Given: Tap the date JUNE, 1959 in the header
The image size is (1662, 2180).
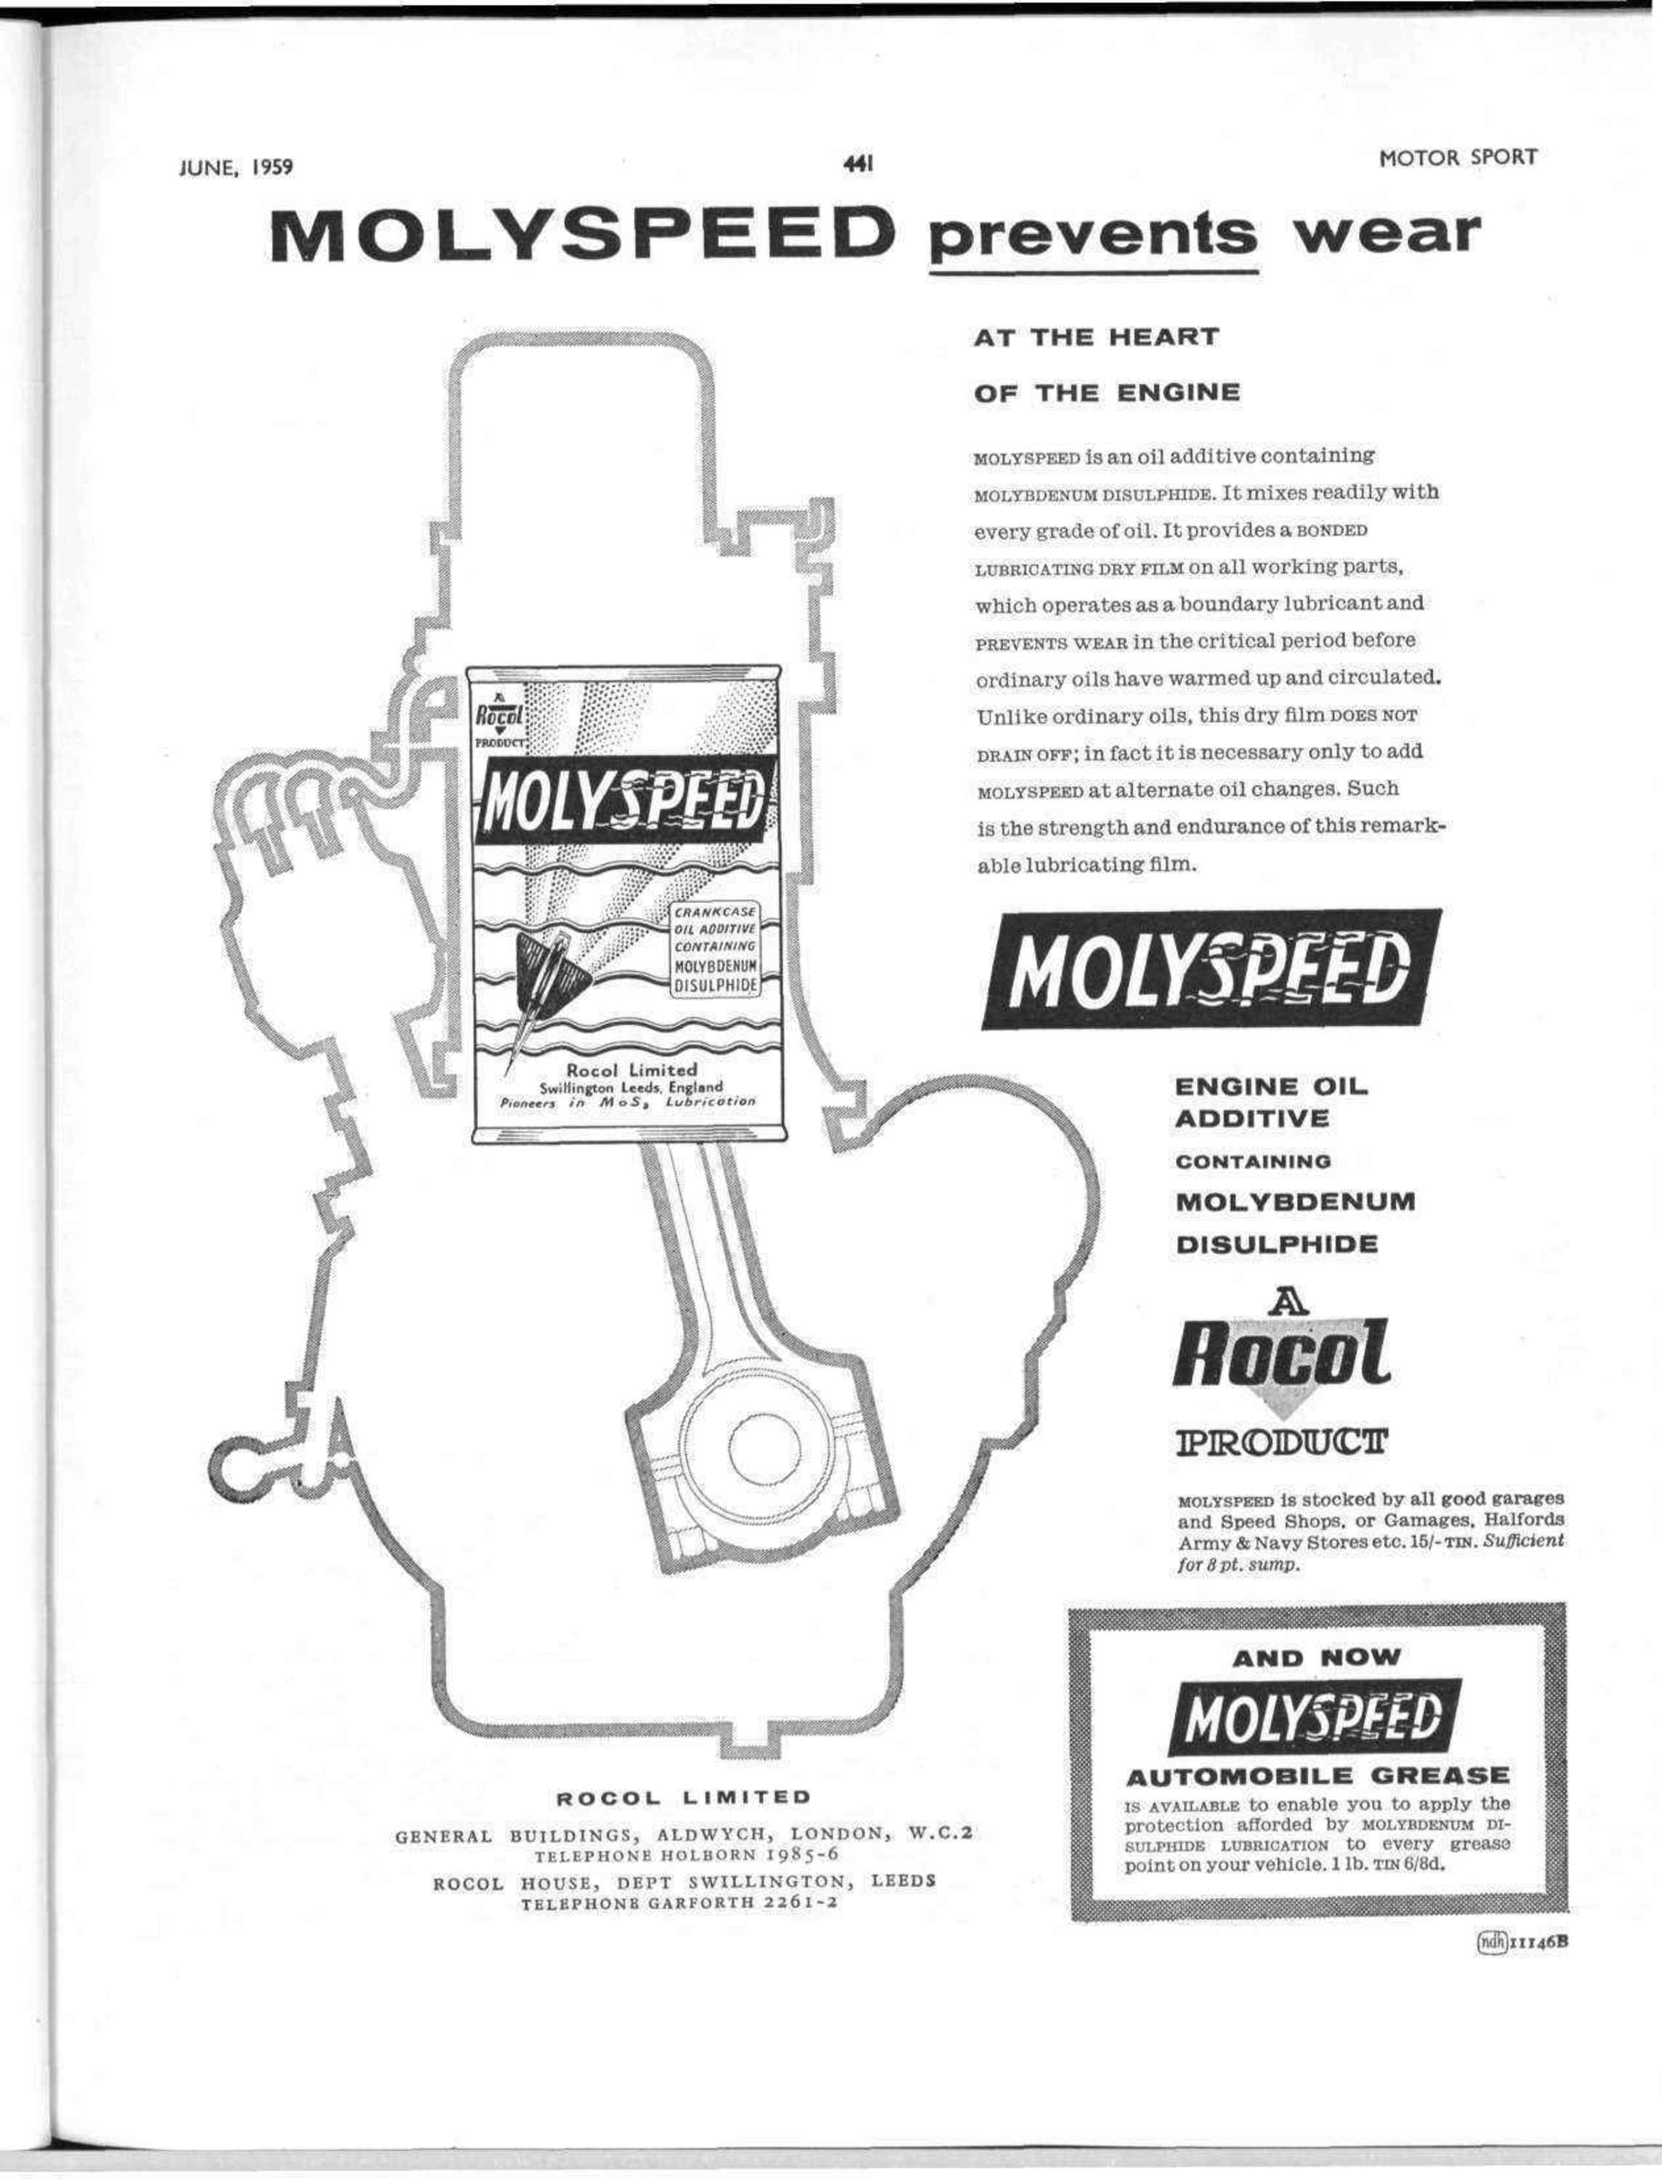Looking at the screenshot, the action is [x=236, y=166].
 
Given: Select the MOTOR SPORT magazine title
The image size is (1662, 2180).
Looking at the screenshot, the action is [x=1459, y=157].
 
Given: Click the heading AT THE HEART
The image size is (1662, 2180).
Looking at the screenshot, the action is [x=1096, y=337].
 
